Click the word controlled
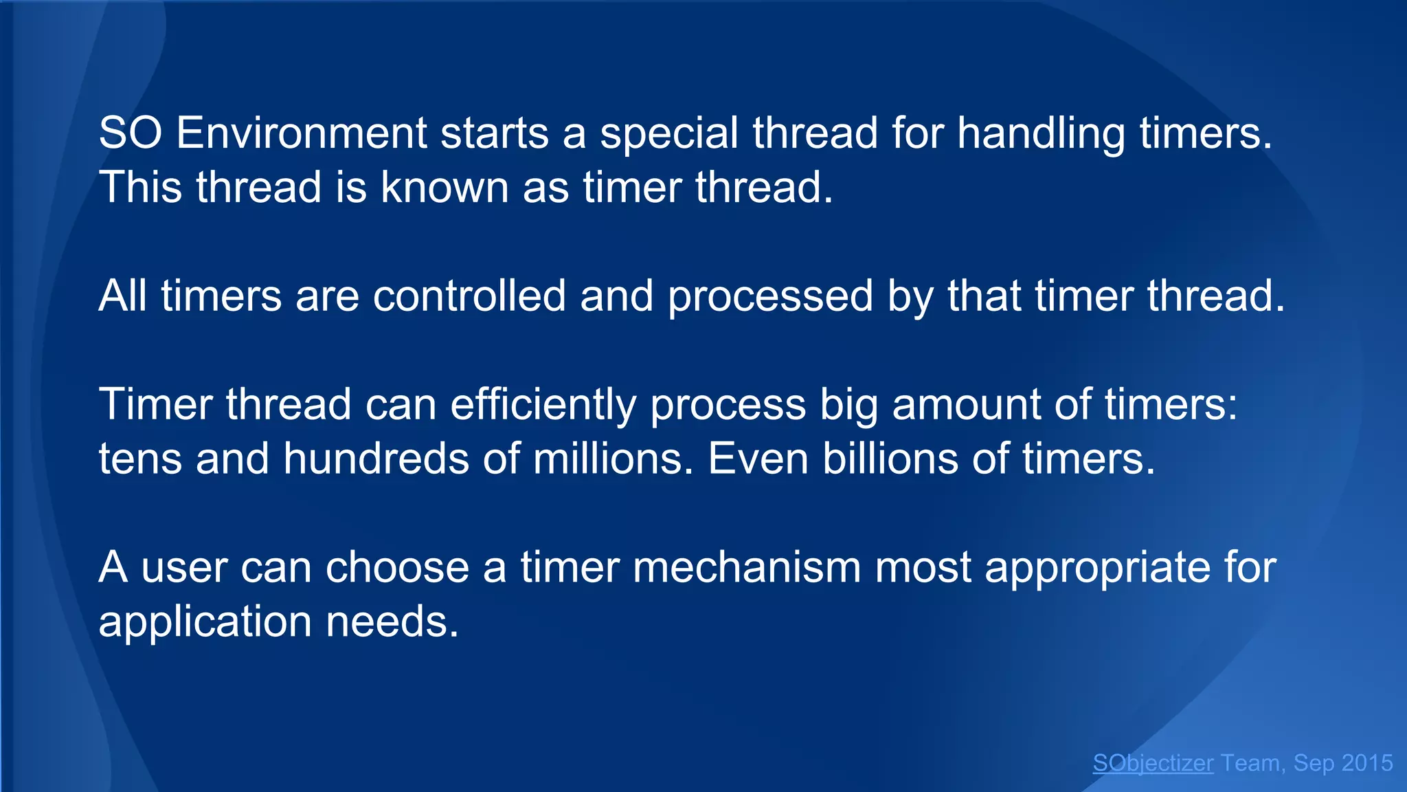click(469, 296)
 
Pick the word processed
click(770, 296)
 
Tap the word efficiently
click(543, 404)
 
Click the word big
click(848, 404)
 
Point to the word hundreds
click(376, 459)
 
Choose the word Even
click(758, 459)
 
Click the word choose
click(396, 567)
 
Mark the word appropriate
click(1097, 567)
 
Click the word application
click(205, 621)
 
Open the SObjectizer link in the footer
click(1153, 763)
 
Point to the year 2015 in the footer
click(1367, 763)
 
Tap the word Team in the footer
click(1250, 763)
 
